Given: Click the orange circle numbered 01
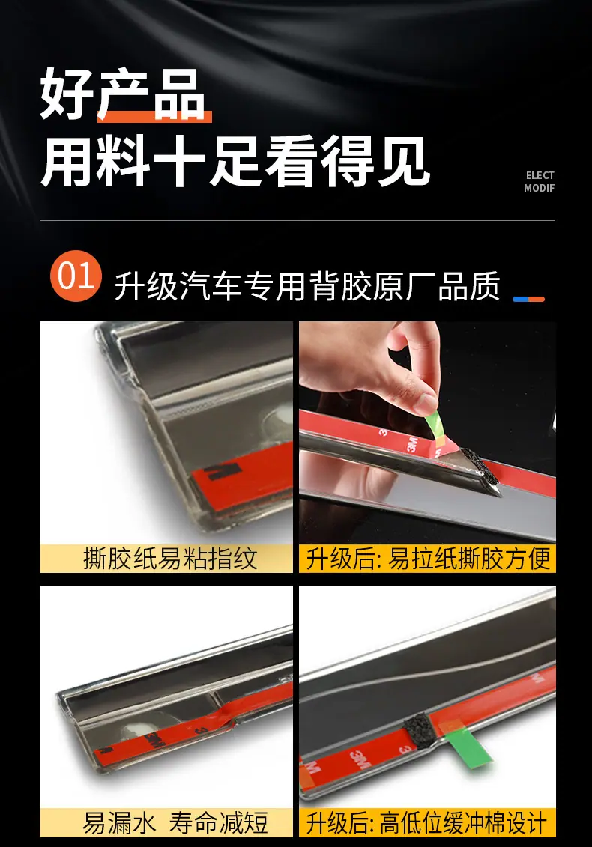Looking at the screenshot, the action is (76, 276).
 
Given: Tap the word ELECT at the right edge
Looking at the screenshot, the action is (540, 175).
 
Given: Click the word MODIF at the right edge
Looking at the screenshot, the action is (539, 188).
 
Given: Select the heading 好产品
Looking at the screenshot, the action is (123, 94).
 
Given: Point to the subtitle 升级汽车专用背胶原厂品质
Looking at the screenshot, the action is (307, 286).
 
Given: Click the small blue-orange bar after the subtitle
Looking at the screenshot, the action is (528, 299).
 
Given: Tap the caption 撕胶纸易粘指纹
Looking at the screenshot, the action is (170, 559).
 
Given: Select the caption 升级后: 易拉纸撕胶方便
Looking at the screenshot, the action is (428, 559).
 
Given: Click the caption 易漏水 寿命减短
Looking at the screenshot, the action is (175, 823).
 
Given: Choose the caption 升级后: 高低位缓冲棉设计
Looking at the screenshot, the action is (426, 823).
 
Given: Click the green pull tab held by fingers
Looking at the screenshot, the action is (435, 428).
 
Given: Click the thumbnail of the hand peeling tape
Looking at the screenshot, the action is (428, 432).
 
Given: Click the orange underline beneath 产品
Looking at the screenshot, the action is (154, 115).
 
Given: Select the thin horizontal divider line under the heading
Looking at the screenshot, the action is (298, 220).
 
